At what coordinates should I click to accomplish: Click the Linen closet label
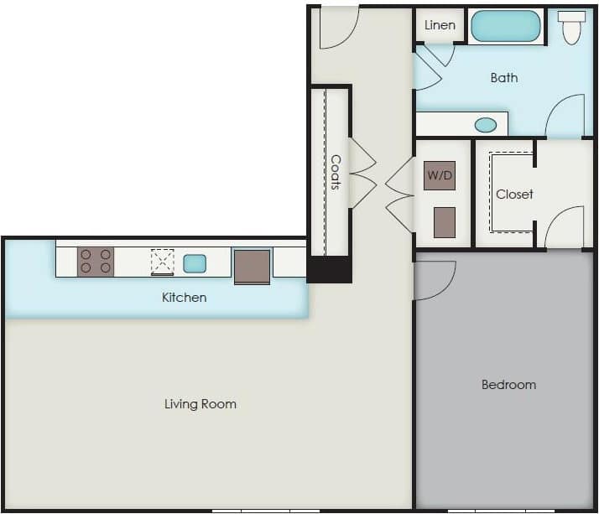440,25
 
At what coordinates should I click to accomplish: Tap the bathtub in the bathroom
506,26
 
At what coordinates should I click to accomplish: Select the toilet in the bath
572,27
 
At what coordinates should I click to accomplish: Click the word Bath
504,78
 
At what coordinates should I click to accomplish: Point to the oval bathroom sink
486,125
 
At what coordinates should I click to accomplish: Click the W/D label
439,176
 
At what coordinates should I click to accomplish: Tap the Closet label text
514,194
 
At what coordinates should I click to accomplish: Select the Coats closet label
336,172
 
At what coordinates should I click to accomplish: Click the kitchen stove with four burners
96,261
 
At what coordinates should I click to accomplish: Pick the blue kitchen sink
195,262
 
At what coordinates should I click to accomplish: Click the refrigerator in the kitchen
252,267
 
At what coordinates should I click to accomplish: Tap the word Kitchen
184,298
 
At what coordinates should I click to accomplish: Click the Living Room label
200,404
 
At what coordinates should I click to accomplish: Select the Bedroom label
508,385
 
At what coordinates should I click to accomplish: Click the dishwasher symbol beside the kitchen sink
162,262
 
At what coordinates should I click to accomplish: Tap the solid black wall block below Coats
329,269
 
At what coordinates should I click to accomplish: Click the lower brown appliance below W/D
445,222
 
